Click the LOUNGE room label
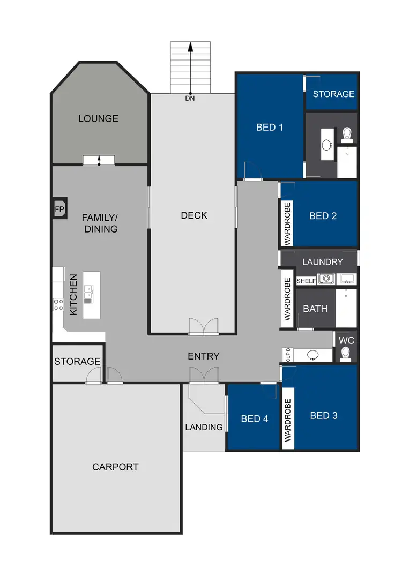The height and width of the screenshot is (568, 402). tap(98, 118)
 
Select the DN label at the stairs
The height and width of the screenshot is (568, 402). tap(190, 98)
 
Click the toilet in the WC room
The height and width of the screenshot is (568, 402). tap(346, 353)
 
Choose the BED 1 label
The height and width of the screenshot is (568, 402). tap(270, 127)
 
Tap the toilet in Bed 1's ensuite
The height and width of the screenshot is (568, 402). tap(346, 132)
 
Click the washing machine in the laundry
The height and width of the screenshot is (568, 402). tap(325, 279)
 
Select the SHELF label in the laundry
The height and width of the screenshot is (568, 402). tap(306, 281)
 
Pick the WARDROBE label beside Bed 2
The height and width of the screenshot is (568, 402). tap(287, 224)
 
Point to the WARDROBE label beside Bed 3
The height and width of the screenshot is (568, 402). tap(287, 420)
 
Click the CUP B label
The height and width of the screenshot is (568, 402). tap(288, 355)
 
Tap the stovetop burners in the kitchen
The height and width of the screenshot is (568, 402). tap(58, 305)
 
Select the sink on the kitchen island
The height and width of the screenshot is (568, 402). tap(87, 294)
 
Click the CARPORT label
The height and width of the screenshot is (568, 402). tap(115, 467)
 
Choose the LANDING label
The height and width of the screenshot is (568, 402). tap(204, 427)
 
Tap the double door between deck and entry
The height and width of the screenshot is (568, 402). tap(204, 326)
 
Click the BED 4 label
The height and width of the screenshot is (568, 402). tap(254, 418)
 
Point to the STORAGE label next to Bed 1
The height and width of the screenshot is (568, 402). tap(333, 94)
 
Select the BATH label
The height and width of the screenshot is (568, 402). tap(315, 309)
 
